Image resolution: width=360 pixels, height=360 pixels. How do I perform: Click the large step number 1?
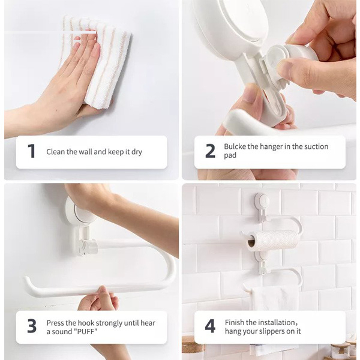click(31, 151)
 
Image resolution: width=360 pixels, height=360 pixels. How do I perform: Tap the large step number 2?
click(211, 151)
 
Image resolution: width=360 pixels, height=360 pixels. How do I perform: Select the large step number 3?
click(32, 326)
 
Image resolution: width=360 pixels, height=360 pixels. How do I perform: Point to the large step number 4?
click(210, 326)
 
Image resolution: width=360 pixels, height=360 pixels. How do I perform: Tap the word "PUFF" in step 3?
click(85, 332)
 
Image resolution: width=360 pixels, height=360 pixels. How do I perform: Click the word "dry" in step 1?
click(137, 152)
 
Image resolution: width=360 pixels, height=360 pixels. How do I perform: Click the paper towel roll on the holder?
click(273, 241)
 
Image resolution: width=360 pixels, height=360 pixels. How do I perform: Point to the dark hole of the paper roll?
click(251, 243)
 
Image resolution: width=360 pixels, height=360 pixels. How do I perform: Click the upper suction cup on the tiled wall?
click(262, 201)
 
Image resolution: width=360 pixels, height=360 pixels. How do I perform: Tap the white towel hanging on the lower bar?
click(275, 298)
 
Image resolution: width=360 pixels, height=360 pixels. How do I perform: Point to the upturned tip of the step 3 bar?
click(27, 280)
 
